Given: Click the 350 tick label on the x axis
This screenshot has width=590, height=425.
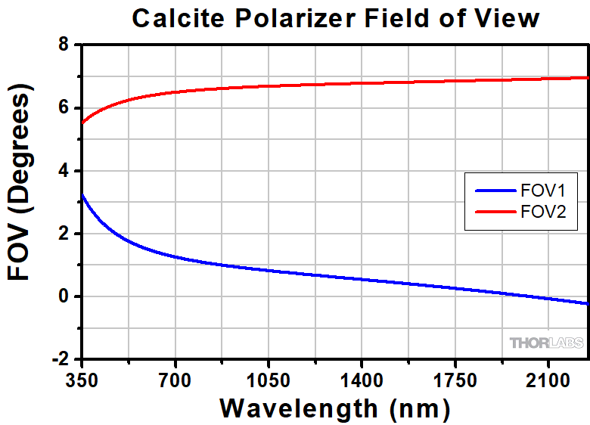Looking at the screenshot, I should [82, 376].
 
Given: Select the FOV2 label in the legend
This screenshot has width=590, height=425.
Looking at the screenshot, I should [542, 214].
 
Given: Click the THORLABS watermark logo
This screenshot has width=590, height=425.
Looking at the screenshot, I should [546, 343].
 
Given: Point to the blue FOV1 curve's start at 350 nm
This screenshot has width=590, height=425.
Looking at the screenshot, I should [82, 195].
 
